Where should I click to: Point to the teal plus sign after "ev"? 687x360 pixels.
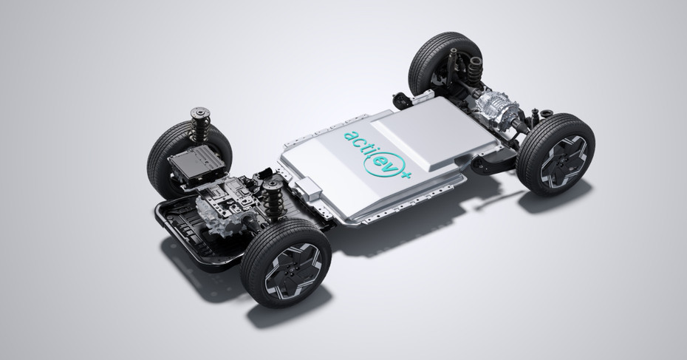click(406, 174)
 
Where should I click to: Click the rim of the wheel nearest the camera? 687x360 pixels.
click(293, 270)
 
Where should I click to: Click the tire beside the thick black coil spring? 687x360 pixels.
click(442, 61)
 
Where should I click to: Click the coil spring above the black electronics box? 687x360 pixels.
click(200, 123)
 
